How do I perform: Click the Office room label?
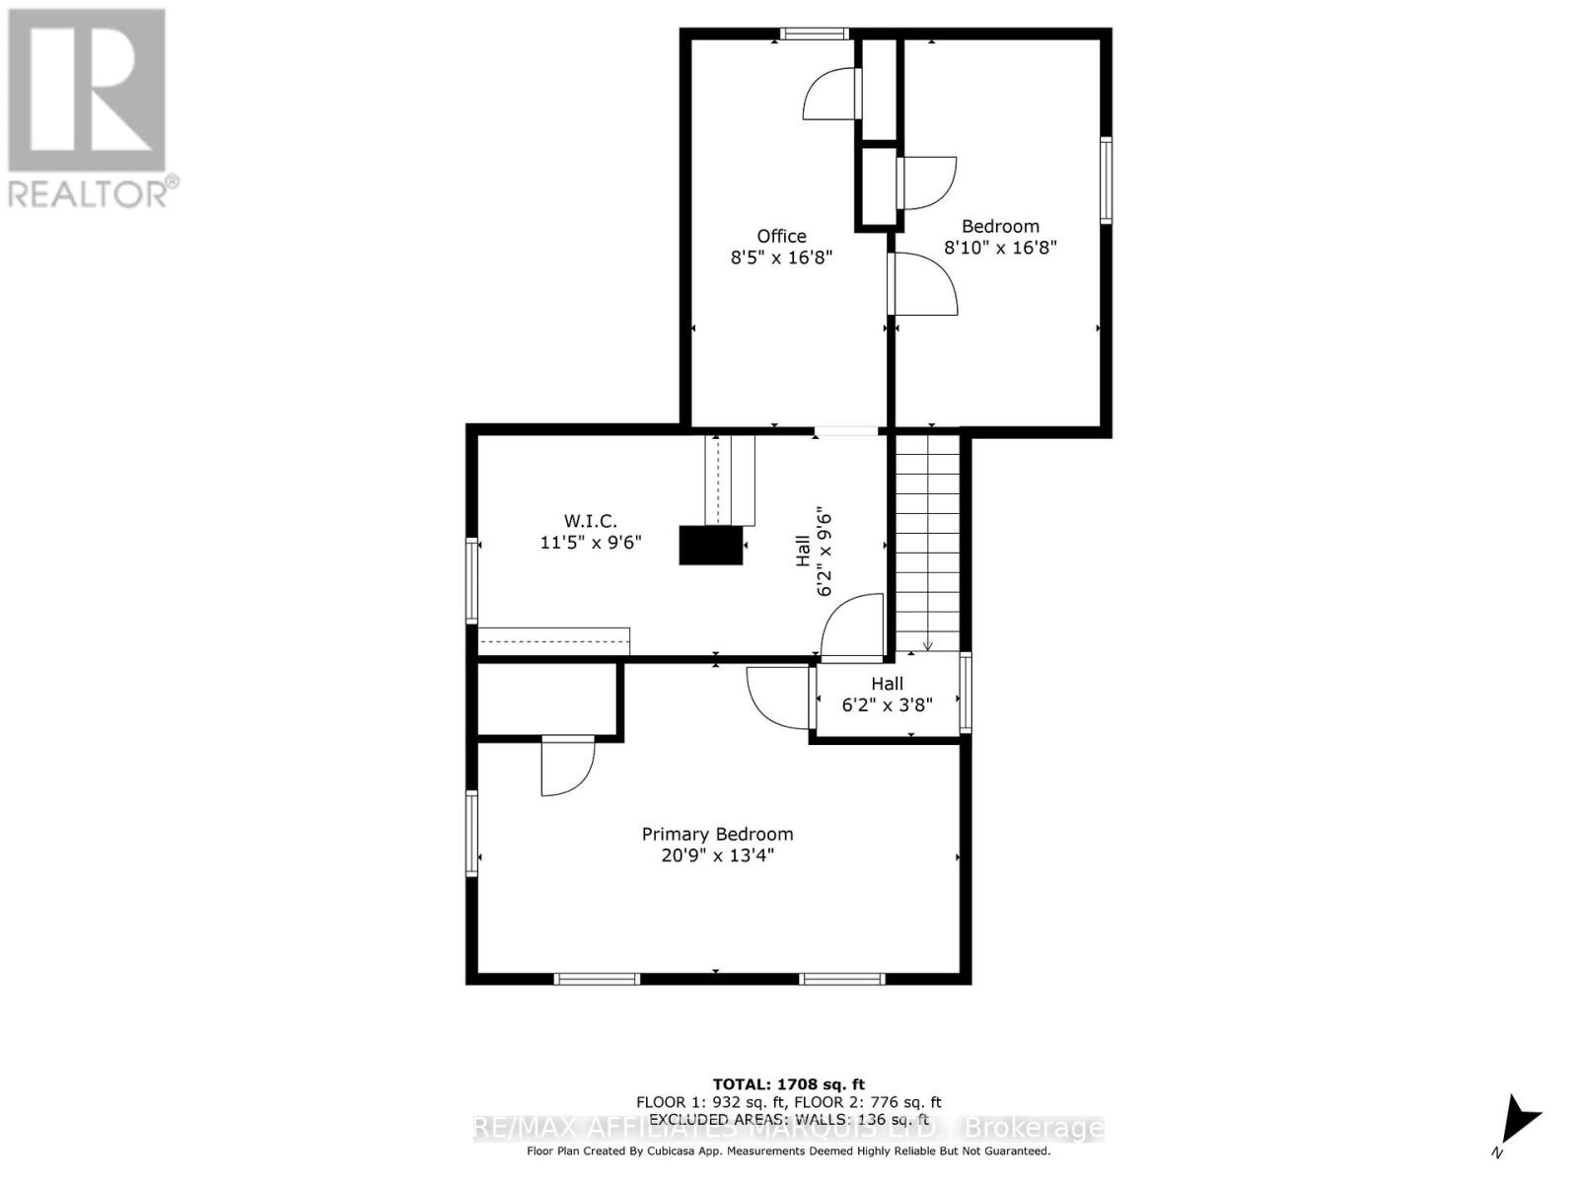tap(781, 236)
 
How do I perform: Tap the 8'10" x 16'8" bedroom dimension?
tap(1000, 247)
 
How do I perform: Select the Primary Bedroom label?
tap(717, 834)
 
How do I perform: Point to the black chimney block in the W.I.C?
tap(710, 545)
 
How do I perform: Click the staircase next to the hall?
tap(927, 543)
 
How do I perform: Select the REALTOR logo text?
tap(94, 192)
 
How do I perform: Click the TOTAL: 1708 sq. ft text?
tap(788, 1084)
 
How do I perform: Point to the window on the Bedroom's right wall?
tap(1106, 181)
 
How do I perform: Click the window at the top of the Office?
tap(815, 34)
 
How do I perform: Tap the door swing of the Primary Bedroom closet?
tap(567, 768)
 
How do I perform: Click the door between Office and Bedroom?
tap(922, 284)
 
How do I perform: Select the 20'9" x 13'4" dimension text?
tap(717, 855)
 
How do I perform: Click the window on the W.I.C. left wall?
tap(472, 579)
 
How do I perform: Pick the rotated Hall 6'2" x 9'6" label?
tap(814, 553)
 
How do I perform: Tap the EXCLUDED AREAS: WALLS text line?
tap(788, 1119)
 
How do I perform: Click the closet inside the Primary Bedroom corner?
tap(547, 700)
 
